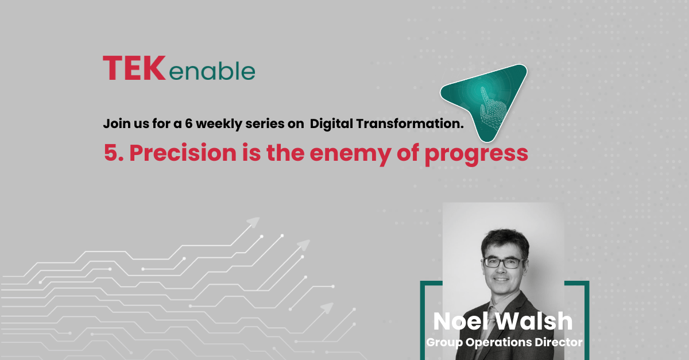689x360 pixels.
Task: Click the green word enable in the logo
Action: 212,71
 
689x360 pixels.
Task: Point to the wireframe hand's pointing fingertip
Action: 483,88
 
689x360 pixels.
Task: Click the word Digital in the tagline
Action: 332,123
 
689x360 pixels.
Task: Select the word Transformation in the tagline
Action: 410,123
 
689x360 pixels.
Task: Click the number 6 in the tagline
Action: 188,123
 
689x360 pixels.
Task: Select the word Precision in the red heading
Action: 183,153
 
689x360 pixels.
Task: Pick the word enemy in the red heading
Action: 350,155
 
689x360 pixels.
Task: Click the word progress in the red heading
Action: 477,155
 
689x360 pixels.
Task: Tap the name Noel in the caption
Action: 460,321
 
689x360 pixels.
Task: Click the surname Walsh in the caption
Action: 535,321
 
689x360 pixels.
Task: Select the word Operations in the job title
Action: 498,342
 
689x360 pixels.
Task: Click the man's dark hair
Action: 505,242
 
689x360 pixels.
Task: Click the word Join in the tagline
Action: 115,123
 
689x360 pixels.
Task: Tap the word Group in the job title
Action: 444,342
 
